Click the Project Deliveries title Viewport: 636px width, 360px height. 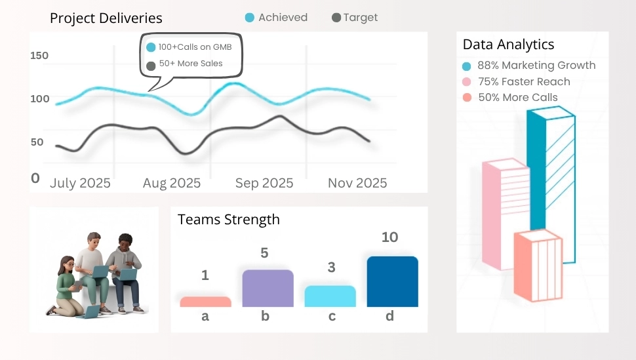[106, 18]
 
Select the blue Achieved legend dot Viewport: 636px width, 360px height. [250, 18]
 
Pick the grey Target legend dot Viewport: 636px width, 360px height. [336, 18]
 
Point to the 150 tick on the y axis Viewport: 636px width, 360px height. [39, 56]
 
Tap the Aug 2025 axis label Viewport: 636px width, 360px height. [172, 183]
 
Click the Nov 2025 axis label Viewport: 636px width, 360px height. [357, 183]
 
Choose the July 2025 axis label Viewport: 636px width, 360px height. [80, 183]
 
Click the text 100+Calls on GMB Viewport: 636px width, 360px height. [195, 47]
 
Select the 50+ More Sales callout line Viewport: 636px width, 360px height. [190, 64]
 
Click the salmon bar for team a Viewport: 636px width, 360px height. [205, 302]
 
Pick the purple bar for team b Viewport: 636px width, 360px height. [268, 289]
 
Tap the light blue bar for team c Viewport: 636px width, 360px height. [330, 296]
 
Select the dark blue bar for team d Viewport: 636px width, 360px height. [392, 281]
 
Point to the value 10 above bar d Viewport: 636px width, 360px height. [389, 237]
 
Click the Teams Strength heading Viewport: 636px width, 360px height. [228, 220]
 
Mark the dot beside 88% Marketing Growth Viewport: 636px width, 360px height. [467, 66]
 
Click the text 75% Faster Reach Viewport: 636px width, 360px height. [524, 82]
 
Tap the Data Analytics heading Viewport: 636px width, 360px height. [508, 45]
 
